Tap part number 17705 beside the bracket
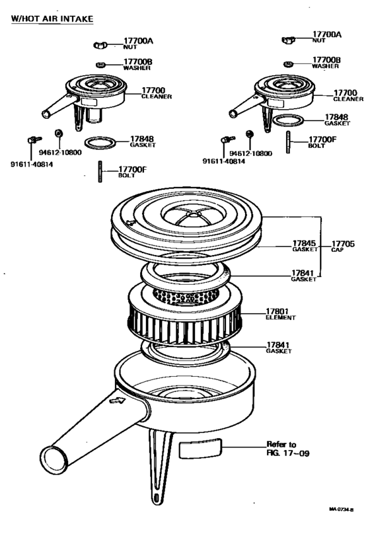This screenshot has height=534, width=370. pos(343,243)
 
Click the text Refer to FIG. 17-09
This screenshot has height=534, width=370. pos(282,449)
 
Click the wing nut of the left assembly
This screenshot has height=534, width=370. pos(100,46)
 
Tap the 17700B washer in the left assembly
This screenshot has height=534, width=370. pos(101,65)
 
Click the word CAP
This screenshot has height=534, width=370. pos(338,250)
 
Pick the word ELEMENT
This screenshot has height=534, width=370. pos(281,318)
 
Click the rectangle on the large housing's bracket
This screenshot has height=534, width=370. pos(198,449)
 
